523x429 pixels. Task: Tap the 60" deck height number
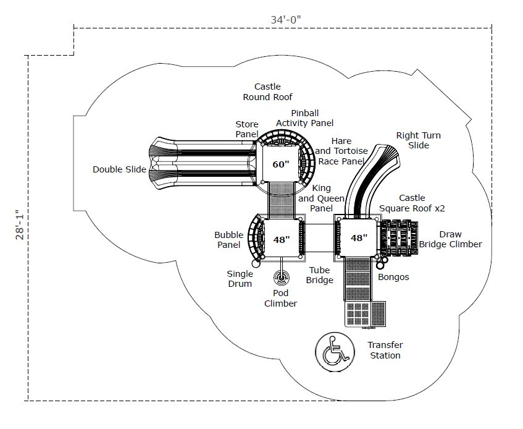coord(281,164)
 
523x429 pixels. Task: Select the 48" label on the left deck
coord(282,239)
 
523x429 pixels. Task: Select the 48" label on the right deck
coord(359,237)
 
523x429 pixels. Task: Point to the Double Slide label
coord(119,169)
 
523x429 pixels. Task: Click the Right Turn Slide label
coord(419,140)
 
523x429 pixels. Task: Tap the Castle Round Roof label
coord(267,91)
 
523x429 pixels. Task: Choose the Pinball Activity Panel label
coord(304,118)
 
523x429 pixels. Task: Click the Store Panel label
coord(247,129)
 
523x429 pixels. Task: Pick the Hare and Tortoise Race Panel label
coord(341,151)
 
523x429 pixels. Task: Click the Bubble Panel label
coord(228,240)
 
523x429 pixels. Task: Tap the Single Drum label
coord(240,279)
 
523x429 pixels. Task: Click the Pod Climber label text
coord(281,298)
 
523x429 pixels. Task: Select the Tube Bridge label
coord(320,275)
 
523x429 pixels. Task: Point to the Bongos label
coord(393,277)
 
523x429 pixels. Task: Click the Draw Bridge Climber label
coord(450,239)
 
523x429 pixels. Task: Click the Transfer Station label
coord(385,350)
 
